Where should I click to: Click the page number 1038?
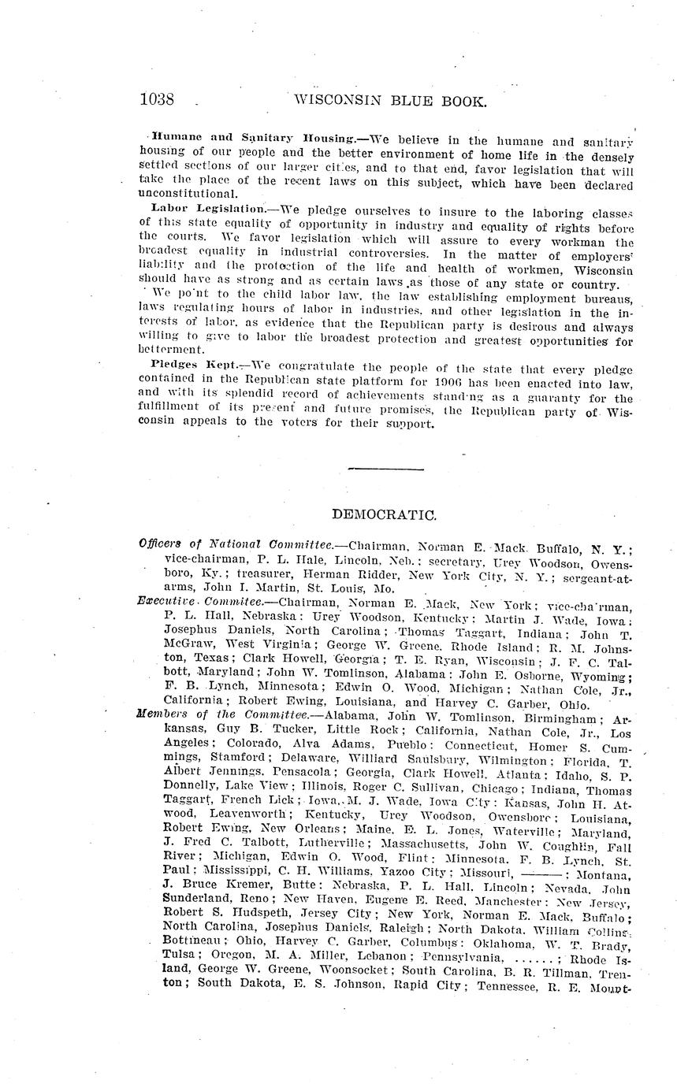pos(156,100)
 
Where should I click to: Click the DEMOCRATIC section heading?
pos(385,515)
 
